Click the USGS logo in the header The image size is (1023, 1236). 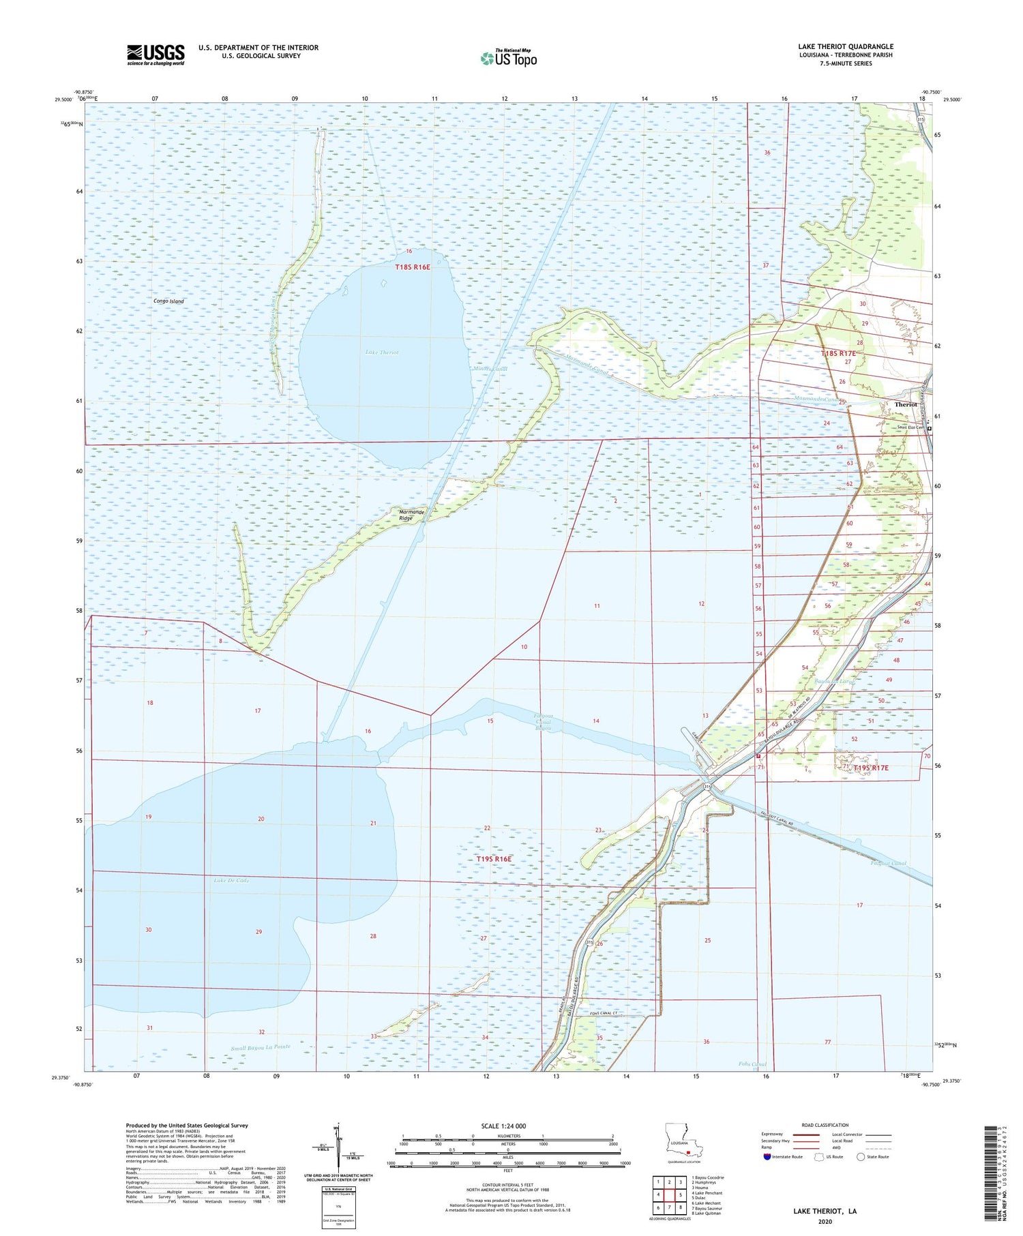click(x=155, y=55)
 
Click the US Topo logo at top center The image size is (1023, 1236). click(x=509, y=59)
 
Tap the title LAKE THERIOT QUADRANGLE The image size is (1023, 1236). click(x=845, y=46)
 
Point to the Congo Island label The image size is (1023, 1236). click(x=168, y=301)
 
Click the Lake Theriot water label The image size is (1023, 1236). click(x=382, y=352)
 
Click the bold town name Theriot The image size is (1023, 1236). click(x=905, y=404)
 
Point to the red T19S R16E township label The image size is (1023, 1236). click(x=494, y=859)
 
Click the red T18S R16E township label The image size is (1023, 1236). click(x=413, y=267)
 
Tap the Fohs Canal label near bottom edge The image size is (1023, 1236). click(x=752, y=1064)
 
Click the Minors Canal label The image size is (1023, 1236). click(x=490, y=369)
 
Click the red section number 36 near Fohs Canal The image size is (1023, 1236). click(x=707, y=1042)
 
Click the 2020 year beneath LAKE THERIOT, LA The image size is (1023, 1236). click(x=825, y=1220)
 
